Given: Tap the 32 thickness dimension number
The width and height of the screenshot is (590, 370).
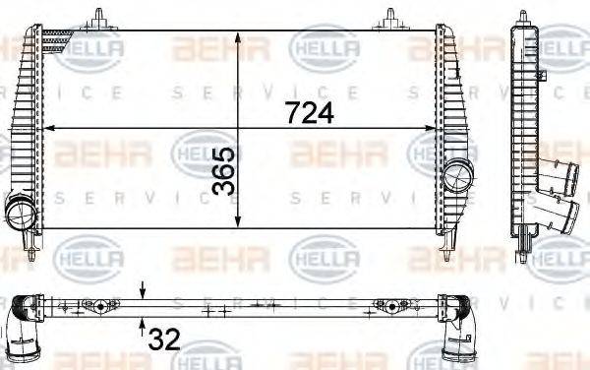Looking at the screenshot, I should point(163,340).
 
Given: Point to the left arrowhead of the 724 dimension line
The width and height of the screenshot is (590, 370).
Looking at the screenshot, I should point(50,127).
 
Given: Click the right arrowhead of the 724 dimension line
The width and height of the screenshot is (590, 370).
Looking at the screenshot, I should point(432,127).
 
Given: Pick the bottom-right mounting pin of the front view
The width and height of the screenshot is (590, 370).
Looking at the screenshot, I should point(448,250).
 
